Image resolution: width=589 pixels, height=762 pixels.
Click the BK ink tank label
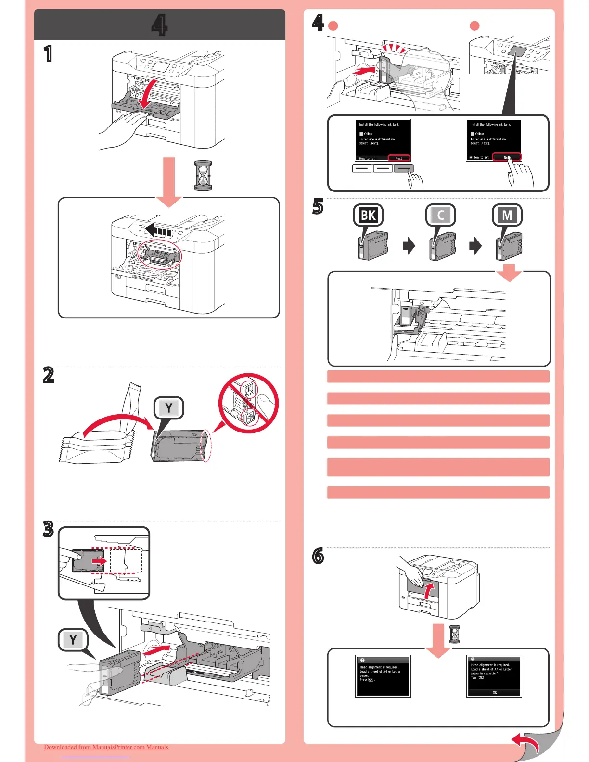[x=368, y=215]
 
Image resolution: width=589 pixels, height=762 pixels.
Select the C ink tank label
[x=440, y=215]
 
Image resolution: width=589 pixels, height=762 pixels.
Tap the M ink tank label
[x=507, y=215]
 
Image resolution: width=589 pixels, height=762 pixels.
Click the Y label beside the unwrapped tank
[x=168, y=408]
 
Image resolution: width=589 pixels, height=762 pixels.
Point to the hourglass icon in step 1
[x=203, y=175]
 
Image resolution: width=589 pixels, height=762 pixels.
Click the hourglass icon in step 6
[x=454, y=634]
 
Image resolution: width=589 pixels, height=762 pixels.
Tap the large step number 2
[x=48, y=375]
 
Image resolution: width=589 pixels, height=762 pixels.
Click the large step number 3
[x=48, y=529]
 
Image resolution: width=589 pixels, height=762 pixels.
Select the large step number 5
[x=318, y=207]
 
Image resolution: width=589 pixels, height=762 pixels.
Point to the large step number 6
[x=318, y=557]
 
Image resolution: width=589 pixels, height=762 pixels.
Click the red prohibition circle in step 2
[x=248, y=403]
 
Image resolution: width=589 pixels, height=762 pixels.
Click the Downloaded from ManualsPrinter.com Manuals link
[x=106, y=747]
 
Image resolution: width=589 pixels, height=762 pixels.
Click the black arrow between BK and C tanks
[x=409, y=247]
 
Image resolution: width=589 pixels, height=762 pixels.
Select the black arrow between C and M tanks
[x=475, y=247]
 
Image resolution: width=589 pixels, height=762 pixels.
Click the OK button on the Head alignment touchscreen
[x=494, y=693]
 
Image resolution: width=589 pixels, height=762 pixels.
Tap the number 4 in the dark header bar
[x=159, y=25]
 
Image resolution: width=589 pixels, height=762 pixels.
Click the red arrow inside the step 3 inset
[x=99, y=561]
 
